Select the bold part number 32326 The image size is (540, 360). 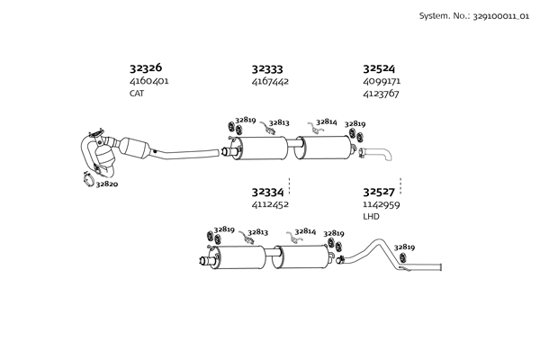146,67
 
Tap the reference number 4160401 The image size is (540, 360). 149,81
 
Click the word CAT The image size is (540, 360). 137,93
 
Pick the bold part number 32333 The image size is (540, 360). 267,67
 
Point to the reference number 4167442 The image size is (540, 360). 270,81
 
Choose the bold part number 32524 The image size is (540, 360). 379,67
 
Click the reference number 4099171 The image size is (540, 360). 382,81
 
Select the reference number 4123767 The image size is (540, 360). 382,93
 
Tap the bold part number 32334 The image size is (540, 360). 267,192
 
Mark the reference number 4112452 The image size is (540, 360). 270,204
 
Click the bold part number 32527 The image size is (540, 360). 379,192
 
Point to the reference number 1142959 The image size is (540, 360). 382,204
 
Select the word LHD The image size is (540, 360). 371,216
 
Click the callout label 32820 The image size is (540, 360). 107,184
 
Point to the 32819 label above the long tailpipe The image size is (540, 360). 404,247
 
